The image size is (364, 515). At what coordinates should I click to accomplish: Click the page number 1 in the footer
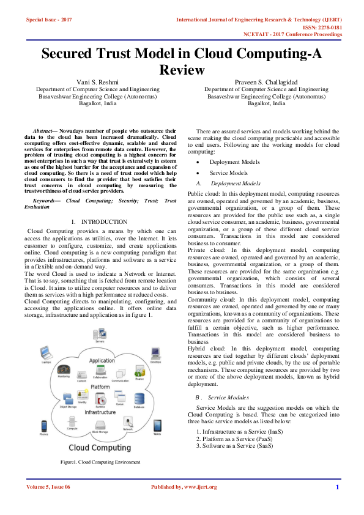pos(337,487)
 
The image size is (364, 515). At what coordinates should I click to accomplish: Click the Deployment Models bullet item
pos(234,161)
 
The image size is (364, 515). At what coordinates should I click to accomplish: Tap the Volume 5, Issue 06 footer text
pos(48,487)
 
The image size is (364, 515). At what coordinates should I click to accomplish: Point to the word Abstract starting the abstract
pos(42,131)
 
